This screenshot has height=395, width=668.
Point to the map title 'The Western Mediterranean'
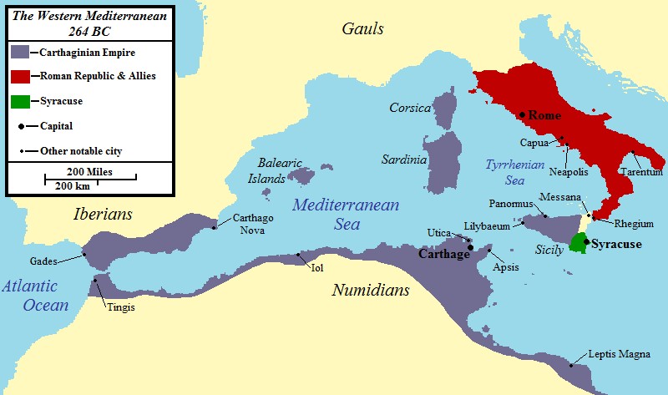[93, 15]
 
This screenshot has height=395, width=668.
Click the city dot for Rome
[522, 114]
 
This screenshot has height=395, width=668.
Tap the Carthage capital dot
[471, 246]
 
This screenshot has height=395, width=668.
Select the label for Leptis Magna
[619, 354]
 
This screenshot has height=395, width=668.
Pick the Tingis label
[120, 306]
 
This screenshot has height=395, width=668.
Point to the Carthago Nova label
[253, 224]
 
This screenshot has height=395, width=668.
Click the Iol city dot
[298, 255]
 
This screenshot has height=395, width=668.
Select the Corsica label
[409, 108]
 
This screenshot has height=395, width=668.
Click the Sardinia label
[403, 159]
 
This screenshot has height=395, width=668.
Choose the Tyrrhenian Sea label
[509, 170]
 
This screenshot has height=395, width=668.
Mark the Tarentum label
[640, 172]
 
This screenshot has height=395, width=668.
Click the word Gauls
[362, 29]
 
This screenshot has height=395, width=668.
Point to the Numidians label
[371, 291]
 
